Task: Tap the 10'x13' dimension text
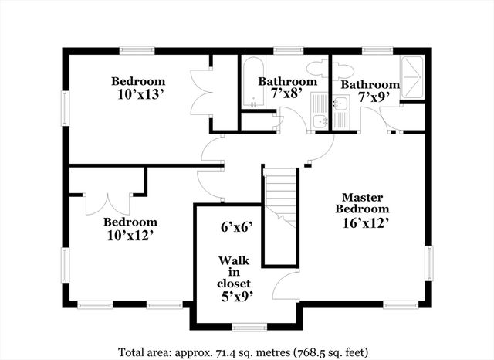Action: tap(138, 94)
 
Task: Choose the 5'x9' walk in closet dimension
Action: tap(234, 295)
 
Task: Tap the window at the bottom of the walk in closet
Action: tap(246, 326)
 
